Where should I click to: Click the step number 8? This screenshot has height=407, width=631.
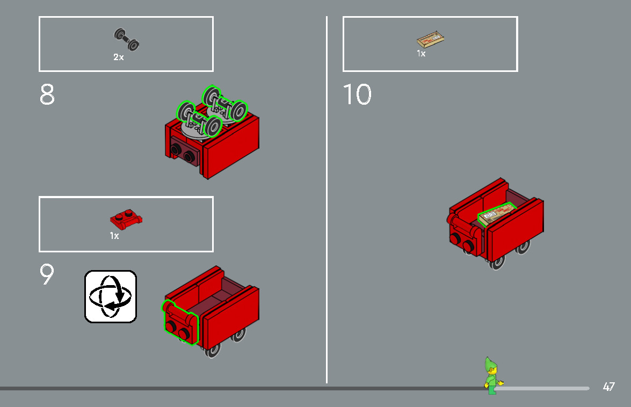pyautogui.click(x=47, y=95)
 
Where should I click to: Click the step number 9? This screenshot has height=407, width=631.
pyautogui.click(x=47, y=274)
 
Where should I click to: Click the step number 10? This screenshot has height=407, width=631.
pyautogui.click(x=357, y=95)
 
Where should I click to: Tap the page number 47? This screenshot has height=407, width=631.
pyautogui.click(x=608, y=387)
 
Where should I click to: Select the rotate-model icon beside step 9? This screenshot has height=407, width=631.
pyautogui.click(x=111, y=296)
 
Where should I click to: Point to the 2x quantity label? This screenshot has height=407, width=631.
pyautogui.click(x=118, y=57)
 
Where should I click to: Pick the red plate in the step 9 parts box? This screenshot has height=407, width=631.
pyautogui.click(x=126, y=219)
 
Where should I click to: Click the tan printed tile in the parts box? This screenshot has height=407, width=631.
pyautogui.click(x=431, y=39)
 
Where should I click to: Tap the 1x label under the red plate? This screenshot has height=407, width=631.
pyautogui.click(x=114, y=236)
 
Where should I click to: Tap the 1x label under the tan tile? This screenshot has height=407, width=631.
pyautogui.click(x=421, y=54)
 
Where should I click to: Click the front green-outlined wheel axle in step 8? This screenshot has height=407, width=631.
pyautogui.click(x=200, y=119)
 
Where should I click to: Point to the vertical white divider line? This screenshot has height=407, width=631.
pyautogui.click(x=327, y=199)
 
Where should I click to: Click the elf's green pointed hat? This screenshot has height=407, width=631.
pyautogui.click(x=489, y=365)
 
